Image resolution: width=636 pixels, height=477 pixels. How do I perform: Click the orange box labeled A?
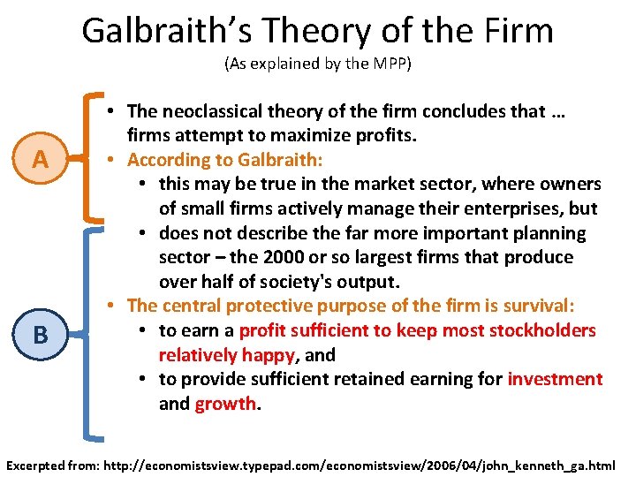pyautogui.click(x=40, y=160)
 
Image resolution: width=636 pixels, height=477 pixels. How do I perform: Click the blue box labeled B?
pyautogui.click(x=40, y=335)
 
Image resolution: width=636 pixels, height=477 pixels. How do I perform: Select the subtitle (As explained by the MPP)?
pyautogui.click(x=317, y=64)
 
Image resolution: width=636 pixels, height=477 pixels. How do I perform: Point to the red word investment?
pyautogui.click(x=555, y=379)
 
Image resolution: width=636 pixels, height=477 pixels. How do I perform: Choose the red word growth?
pyautogui.click(x=225, y=404)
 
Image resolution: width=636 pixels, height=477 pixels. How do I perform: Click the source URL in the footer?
pyautogui.click(x=373, y=463)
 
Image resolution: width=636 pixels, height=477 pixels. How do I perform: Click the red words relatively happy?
pyautogui.click(x=225, y=355)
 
